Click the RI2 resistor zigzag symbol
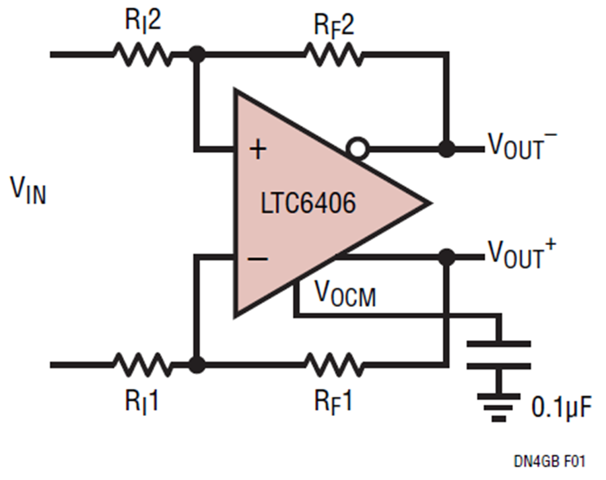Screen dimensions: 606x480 point(142,55)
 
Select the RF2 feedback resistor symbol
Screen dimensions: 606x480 point(334,55)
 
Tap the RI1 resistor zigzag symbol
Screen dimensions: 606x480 point(142,364)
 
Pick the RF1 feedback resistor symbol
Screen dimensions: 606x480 point(334,364)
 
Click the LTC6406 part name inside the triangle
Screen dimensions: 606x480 point(308,203)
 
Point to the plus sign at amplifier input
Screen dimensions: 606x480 point(258,149)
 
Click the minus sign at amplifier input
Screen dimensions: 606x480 point(258,259)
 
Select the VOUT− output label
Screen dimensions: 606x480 point(522,145)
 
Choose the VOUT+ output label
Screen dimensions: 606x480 point(522,253)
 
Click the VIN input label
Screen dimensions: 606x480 point(28,189)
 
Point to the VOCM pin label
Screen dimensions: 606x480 point(345,294)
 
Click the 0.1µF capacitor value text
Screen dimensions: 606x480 point(562,407)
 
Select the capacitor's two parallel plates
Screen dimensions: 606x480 point(498,355)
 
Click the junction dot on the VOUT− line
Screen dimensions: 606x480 point(447,148)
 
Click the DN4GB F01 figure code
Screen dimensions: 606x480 point(549,460)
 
